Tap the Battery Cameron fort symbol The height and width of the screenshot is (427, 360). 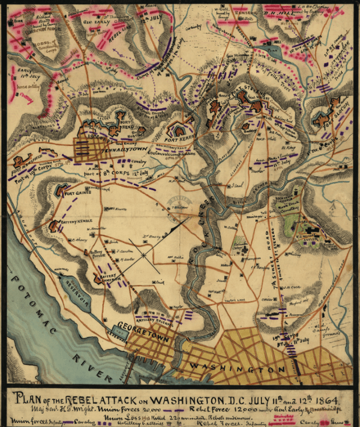(97, 279)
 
